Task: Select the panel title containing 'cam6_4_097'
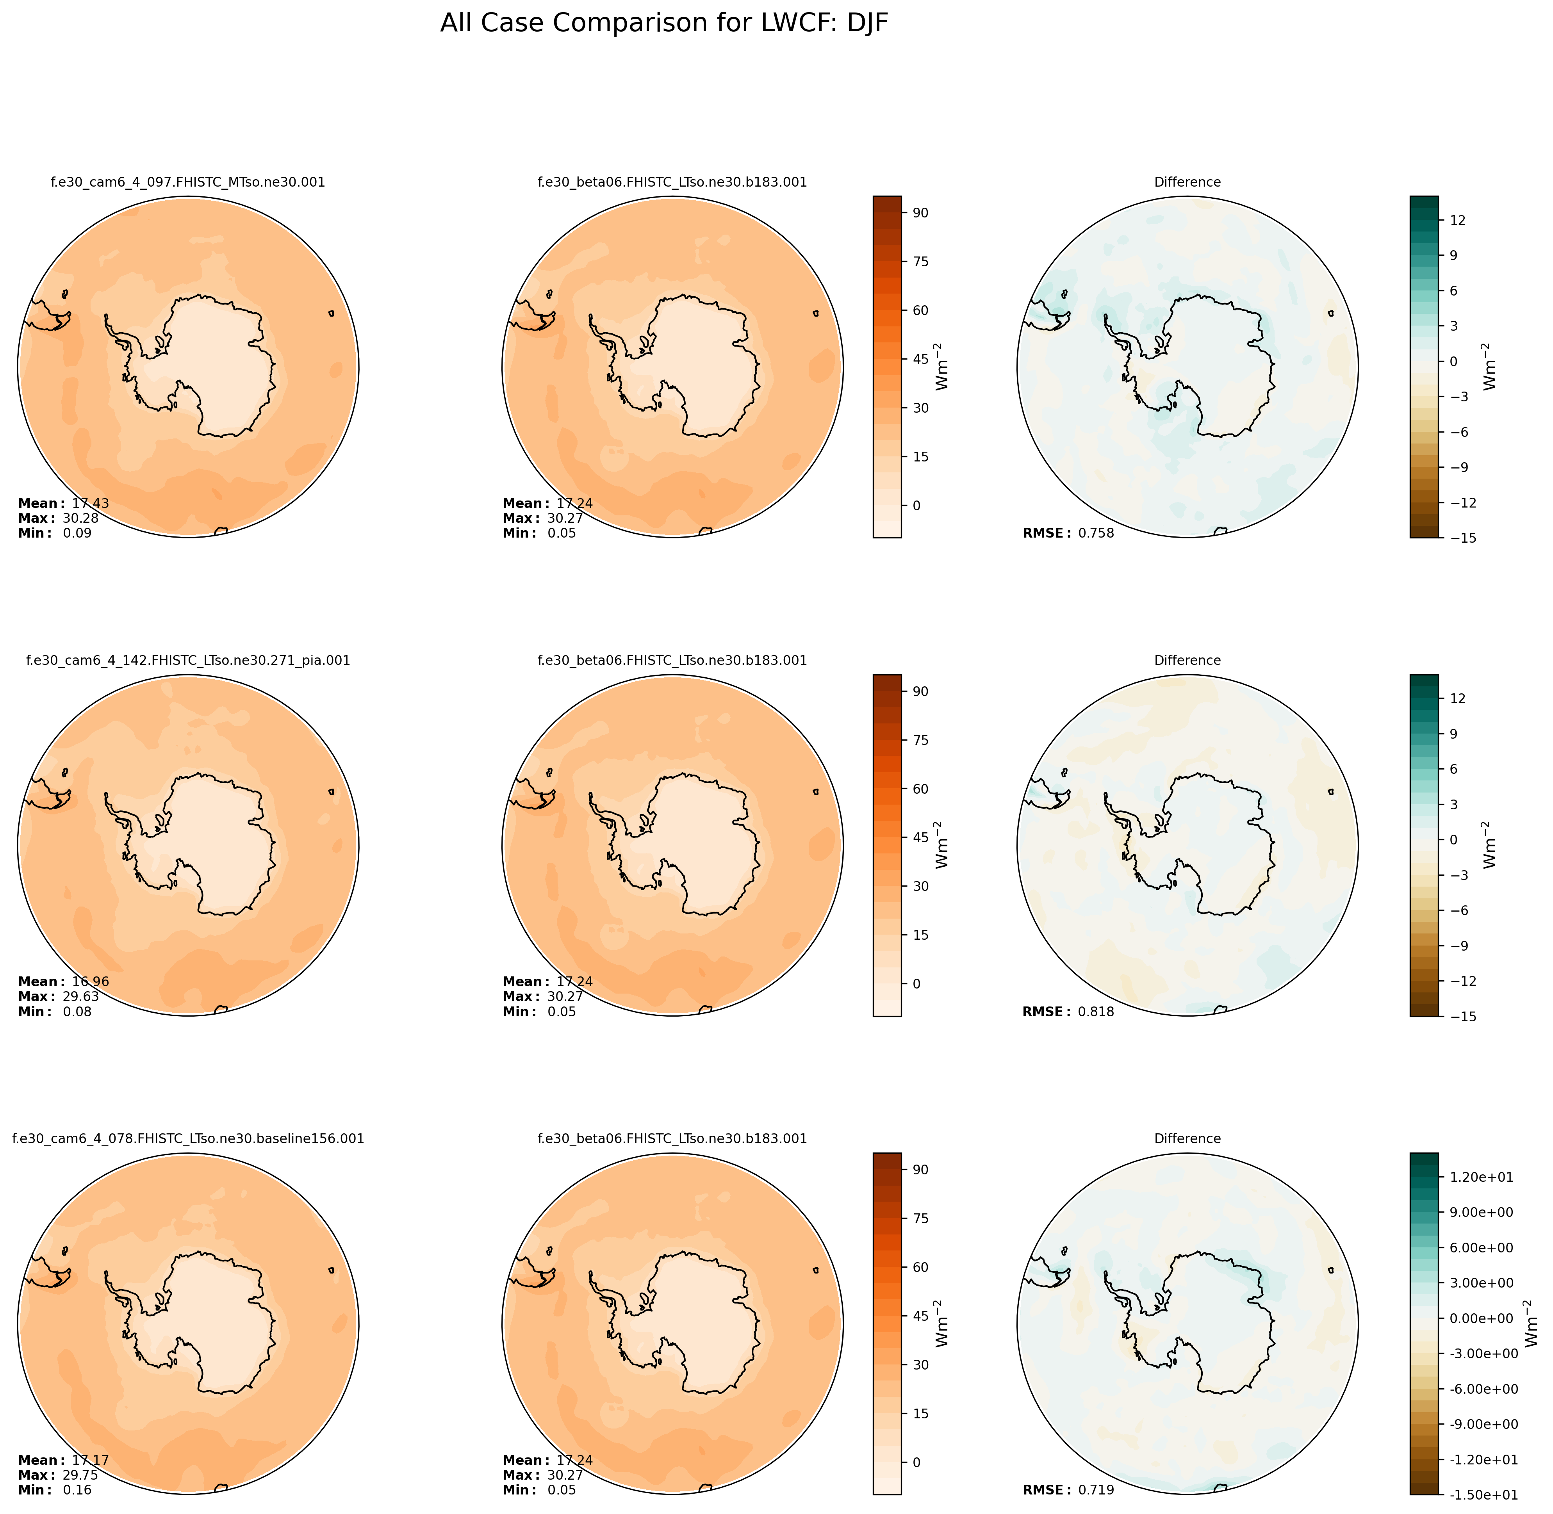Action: click(188, 182)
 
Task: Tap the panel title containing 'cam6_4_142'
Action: click(188, 660)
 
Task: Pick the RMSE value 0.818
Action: click(1096, 1012)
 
